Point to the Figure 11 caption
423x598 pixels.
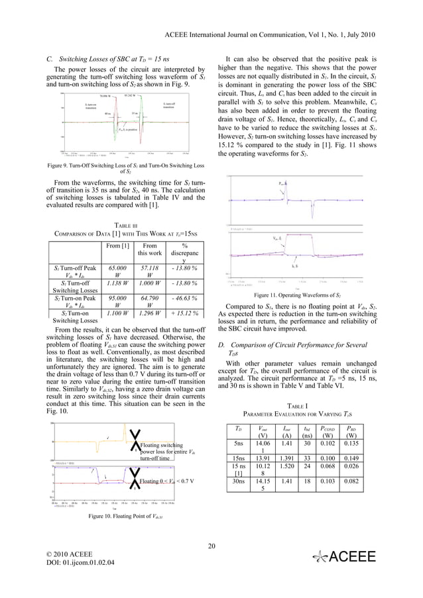point(296,295)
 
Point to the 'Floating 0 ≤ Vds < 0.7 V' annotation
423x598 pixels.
point(168,481)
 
